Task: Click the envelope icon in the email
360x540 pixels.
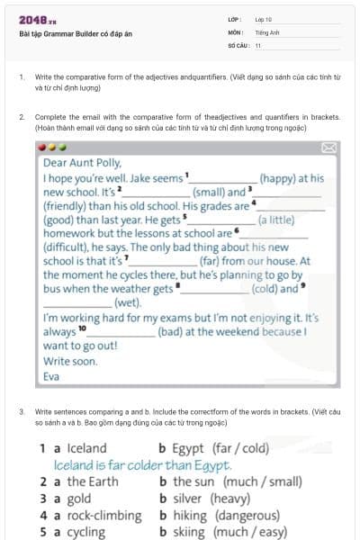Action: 328,148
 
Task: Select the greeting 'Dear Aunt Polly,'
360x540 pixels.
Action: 82,164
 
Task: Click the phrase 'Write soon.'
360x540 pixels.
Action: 70,361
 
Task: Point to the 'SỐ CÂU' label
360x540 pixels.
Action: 237,44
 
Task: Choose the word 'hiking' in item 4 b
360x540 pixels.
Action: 190,515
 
